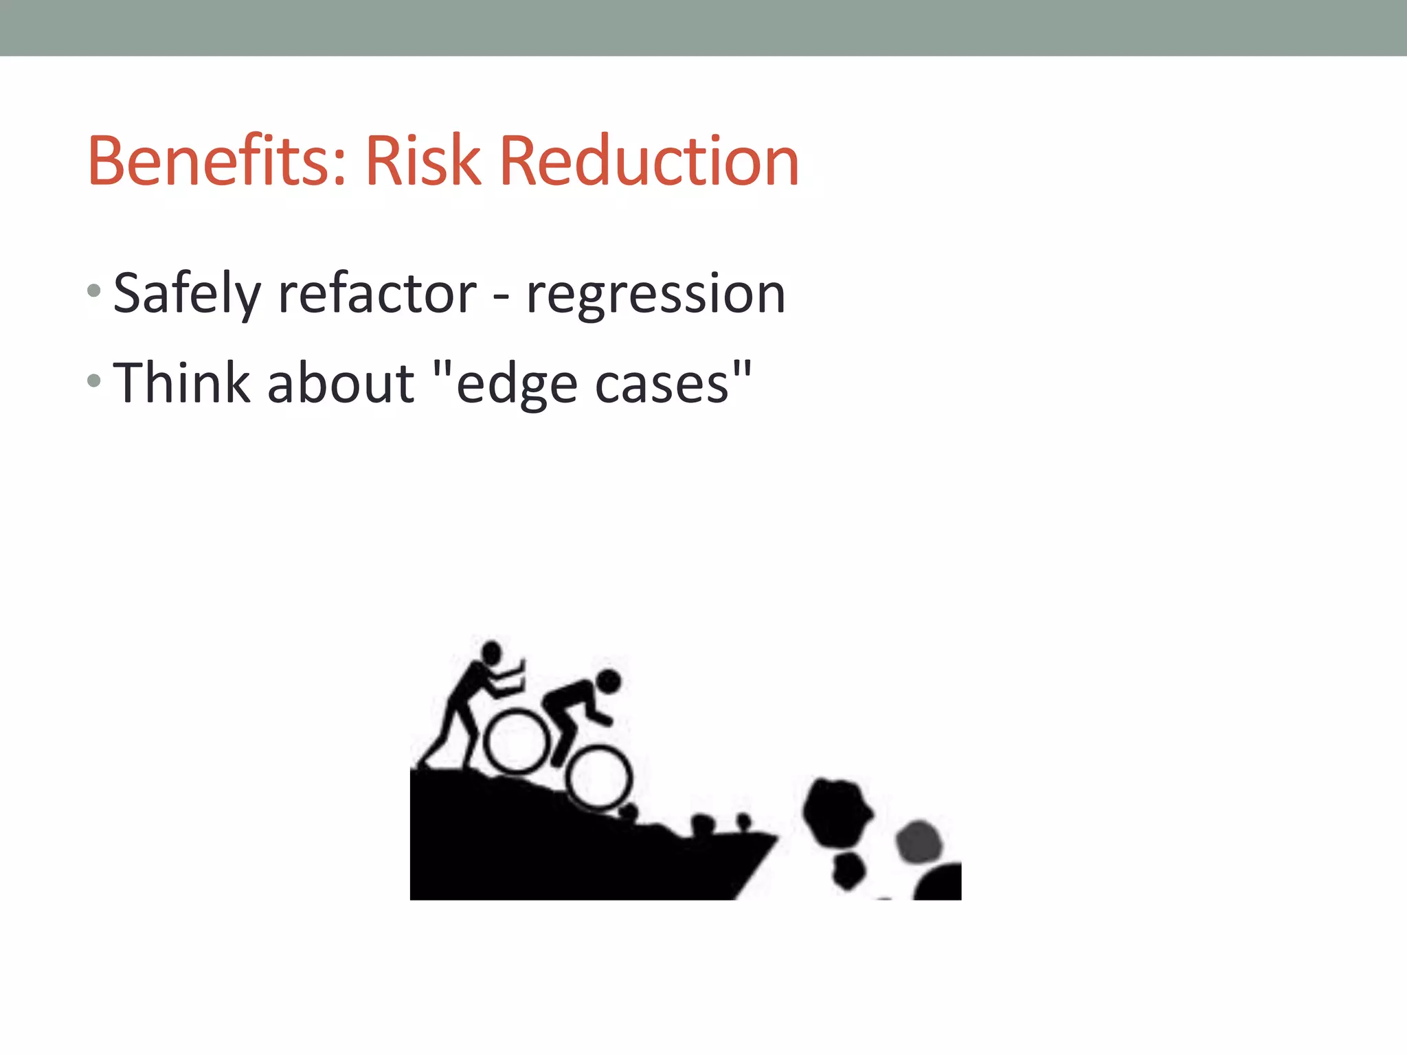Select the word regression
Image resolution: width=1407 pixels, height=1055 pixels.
pos(655,294)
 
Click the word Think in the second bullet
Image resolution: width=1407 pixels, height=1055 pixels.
pos(181,383)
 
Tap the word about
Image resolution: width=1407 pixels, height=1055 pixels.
pos(341,383)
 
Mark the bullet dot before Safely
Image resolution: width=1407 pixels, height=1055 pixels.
pos(95,291)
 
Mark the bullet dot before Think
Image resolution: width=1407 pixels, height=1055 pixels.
pos(95,380)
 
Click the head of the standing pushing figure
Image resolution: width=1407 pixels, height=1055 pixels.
pos(491,651)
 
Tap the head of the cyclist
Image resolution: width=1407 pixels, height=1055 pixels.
pos(609,681)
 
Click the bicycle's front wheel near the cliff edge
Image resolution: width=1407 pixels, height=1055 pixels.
pos(600,778)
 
